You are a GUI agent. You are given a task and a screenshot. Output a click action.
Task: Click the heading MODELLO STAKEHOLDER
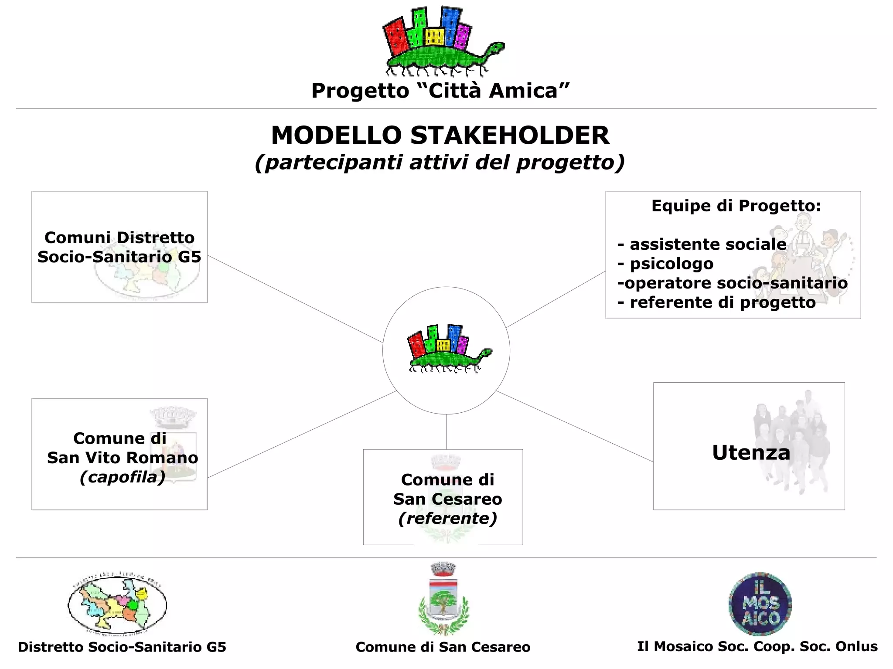tap(440, 135)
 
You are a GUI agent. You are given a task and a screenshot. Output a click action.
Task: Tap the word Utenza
tap(751, 453)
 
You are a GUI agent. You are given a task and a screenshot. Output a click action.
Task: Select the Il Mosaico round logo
tap(760, 604)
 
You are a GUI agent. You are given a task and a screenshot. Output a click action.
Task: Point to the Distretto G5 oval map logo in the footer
tap(117, 604)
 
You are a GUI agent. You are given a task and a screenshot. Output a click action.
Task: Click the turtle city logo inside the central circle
tap(449, 349)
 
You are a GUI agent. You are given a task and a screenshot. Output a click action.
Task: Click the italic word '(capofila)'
tap(123, 477)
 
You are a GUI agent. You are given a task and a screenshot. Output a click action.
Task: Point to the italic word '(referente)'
tap(448, 518)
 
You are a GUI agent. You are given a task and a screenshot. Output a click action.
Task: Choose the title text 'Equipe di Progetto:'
tap(736, 206)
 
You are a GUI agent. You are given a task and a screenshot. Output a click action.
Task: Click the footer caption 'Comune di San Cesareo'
tap(443, 647)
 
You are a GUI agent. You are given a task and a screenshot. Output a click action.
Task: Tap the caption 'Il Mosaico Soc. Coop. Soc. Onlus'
tap(757, 646)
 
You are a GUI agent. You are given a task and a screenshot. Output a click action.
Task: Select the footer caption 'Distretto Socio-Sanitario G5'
tap(122, 647)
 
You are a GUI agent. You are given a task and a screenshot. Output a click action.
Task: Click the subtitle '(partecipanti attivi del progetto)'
tap(440, 162)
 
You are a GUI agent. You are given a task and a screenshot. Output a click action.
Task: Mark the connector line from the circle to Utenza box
tap(575, 426)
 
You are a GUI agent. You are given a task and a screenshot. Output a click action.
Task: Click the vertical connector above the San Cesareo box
tap(446, 431)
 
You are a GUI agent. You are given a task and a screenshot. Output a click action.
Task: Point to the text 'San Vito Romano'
tap(123, 458)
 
